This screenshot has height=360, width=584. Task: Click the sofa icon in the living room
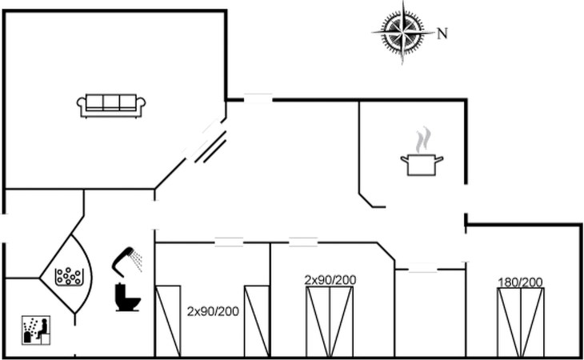tap(111, 105)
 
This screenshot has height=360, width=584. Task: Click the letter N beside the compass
tap(442, 34)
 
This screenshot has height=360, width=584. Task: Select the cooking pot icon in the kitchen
tap(421, 164)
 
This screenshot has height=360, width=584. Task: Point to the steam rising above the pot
tap(424, 138)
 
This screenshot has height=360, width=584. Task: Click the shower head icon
tap(124, 256)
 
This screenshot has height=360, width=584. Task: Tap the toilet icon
tap(127, 297)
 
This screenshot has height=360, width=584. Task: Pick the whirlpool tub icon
tap(69, 276)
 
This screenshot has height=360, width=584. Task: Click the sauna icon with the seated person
tap(35, 330)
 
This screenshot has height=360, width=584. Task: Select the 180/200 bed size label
tap(520, 282)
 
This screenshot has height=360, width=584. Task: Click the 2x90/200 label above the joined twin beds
tap(330, 279)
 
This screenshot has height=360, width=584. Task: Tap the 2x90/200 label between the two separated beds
tap(213, 310)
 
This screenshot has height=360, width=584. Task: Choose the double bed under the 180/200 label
tap(520, 322)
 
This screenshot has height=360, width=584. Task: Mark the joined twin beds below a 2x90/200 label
tap(330, 322)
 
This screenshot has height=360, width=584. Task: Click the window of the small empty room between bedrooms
tap(423, 269)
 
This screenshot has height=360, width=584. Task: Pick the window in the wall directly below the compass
tap(258, 98)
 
